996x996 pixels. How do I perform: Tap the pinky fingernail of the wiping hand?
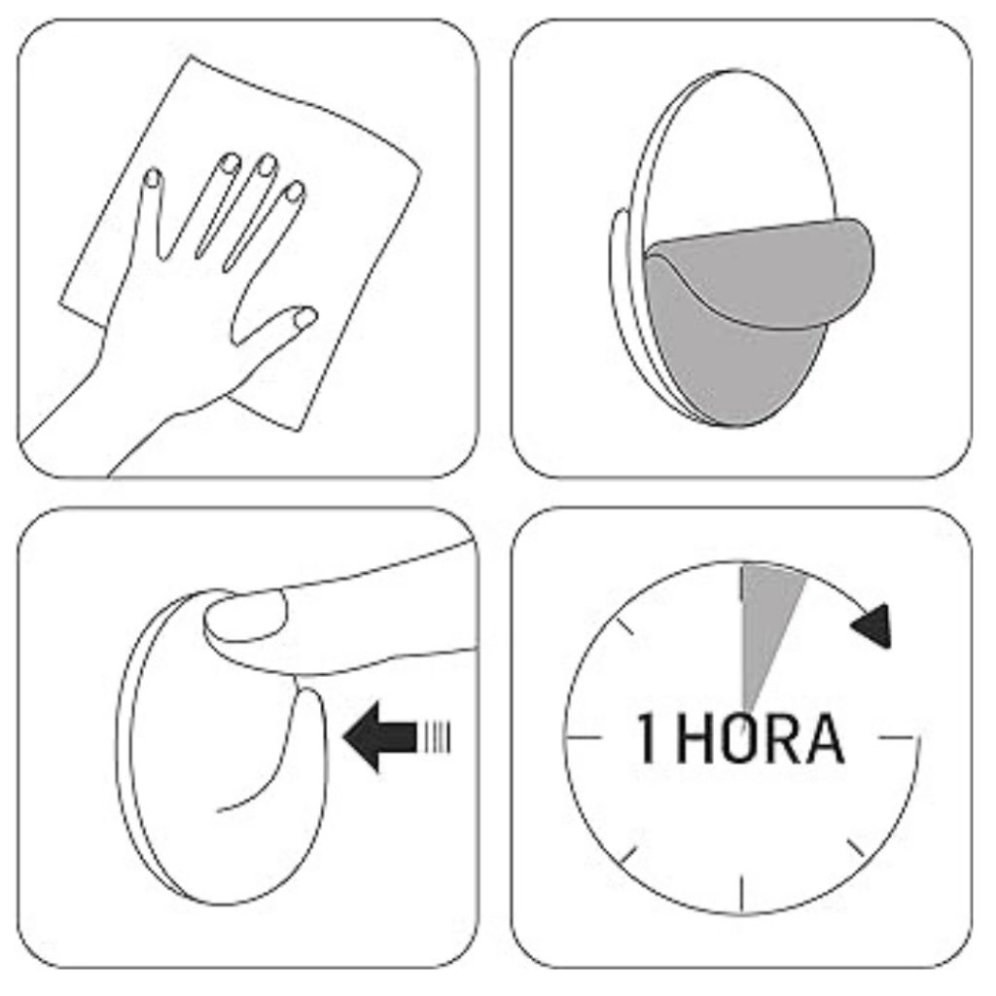[x=153, y=178]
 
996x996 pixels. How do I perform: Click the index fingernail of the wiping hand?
[x=294, y=192]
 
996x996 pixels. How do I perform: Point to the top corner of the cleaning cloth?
[x=190, y=56]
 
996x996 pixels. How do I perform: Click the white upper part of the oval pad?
[x=737, y=153]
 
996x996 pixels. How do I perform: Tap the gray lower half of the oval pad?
[x=730, y=369]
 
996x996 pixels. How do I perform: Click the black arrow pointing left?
[x=380, y=737]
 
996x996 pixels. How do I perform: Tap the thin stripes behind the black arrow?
[x=435, y=737]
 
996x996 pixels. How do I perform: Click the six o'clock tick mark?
[x=742, y=895]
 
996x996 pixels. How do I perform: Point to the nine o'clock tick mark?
[x=584, y=738]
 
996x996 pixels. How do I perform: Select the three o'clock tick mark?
[x=898, y=738]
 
